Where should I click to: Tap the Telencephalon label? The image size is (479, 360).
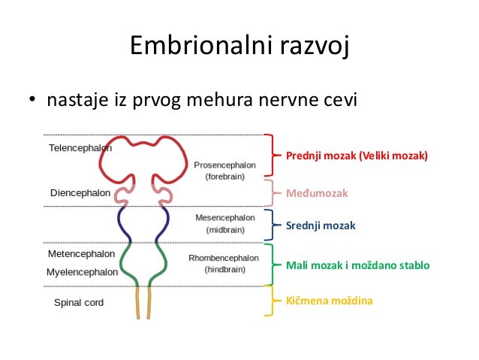pos(80,148)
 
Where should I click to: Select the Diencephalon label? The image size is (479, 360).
pos(80,193)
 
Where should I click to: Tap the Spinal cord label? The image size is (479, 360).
pos(79,303)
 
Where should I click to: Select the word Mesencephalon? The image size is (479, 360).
pos(227,217)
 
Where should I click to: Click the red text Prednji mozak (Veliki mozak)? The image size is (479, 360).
pos(357,156)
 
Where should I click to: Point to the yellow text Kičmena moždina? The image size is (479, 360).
pos(329,301)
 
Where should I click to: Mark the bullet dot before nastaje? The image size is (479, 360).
pos(33,100)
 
